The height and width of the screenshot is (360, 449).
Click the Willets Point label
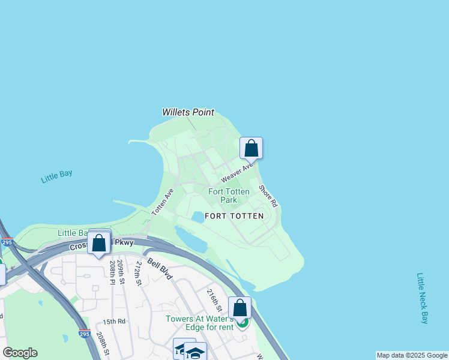tap(188, 112)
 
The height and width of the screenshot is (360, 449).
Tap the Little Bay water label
tap(57, 177)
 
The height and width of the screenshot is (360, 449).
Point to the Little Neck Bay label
tap(423, 298)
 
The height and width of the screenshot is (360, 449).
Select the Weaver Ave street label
tap(237, 172)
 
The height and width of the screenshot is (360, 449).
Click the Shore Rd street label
tap(268, 196)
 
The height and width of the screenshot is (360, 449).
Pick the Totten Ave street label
tap(163, 202)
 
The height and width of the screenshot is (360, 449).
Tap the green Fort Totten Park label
tap(229, 196)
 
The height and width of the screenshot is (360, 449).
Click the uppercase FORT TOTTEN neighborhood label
tap(234, 215)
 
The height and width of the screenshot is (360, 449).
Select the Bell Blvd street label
tap(160, 269)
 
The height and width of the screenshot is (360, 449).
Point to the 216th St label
tap(214, 301)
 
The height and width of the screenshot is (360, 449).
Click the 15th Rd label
tap(113, 322)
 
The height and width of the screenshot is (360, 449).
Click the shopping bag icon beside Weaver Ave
tap(252, 148)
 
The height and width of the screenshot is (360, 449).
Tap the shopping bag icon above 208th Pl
tap(99, 243)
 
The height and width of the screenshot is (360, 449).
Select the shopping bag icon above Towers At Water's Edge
tap(240, 308)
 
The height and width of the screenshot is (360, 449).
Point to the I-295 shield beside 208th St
tap(85, 333)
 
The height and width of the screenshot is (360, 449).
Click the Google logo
tap(20, 353)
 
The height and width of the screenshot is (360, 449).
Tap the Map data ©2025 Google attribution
tap(412, 355)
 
